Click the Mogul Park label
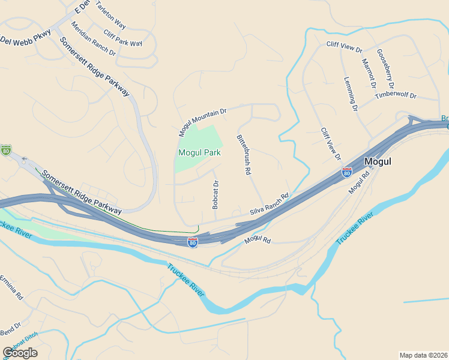pyautogui.click(x=199, y=152)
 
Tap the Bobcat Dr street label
pyautogui.click(x=215, y=194)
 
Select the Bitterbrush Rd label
pyautogui.click(x=243, y=154)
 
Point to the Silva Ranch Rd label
pyautogui.click(x=270, y=204)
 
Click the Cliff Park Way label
pyautogui.click(x=122, y=38)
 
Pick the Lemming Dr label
pyautogui.click(x=351, y=94)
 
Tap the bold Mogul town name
pyautogui.click(x=378, y=161)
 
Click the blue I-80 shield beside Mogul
pyautogui.click(x=346, y=172)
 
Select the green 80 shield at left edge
pyautogui.click(x=6, y=150)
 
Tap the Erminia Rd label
pyautogui.click(x=11, y=287)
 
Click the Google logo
pyautogui.click(x=20, y=353)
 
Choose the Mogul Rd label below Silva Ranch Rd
pyautogui.click(x=258, y=240)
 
